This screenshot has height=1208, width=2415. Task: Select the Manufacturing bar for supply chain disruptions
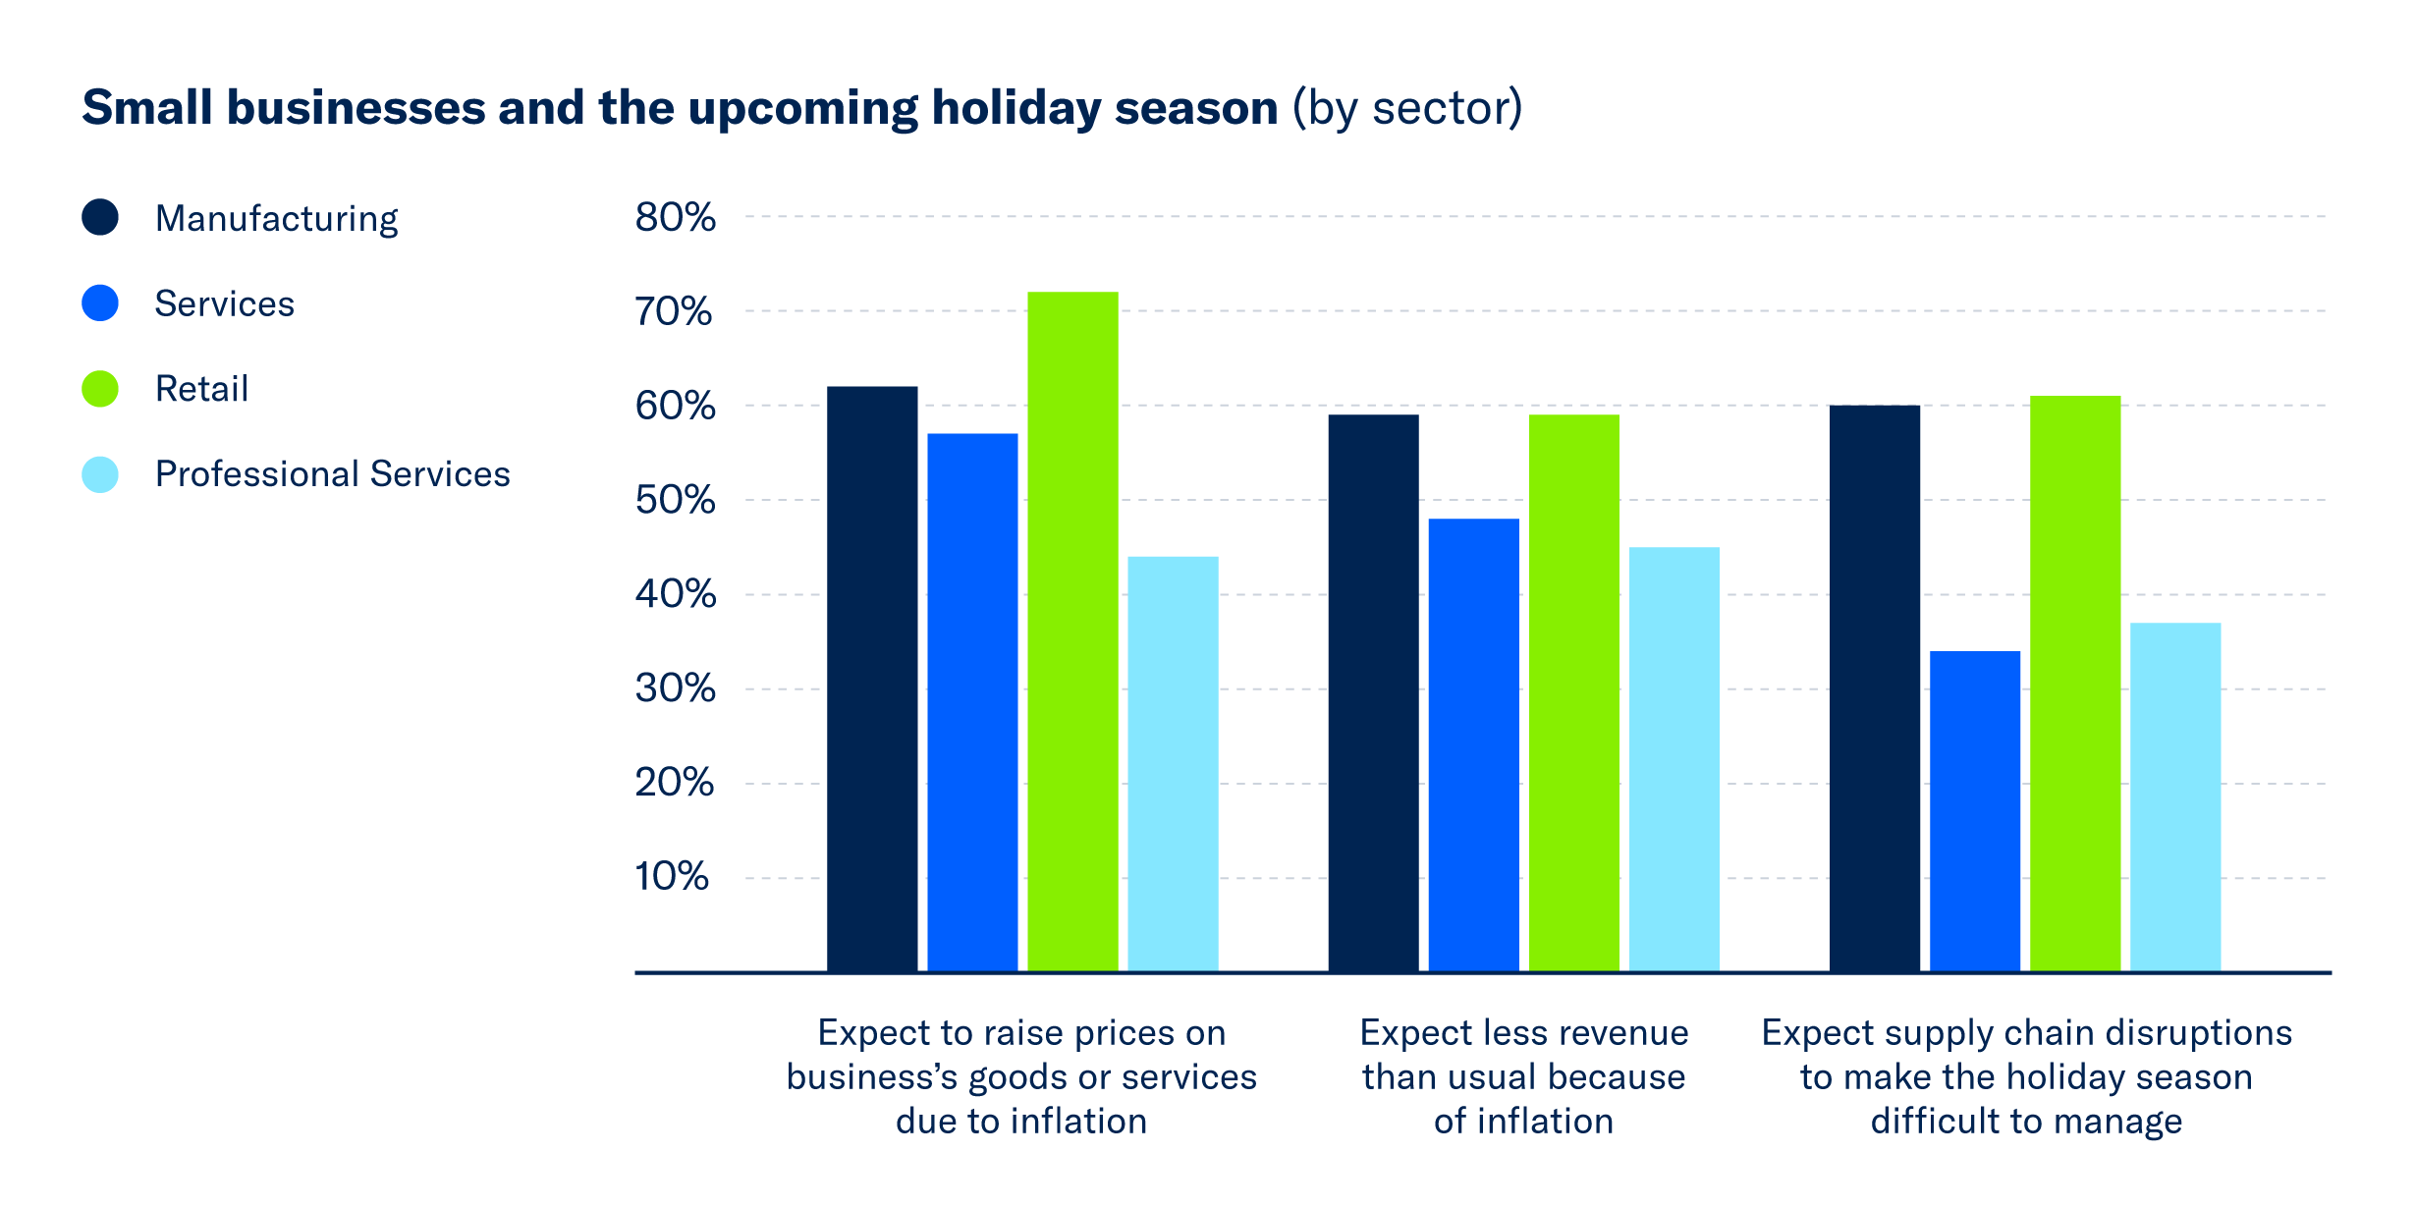click(x=1874, y=687)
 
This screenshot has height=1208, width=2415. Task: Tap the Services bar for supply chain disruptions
click(x=1975, y=811)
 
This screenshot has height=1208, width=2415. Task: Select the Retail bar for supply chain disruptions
click(x=2075, y=684)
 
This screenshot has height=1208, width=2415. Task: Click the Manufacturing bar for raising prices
click(x=872, y=679)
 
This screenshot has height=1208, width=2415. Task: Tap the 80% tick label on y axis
click(x=675, y=217)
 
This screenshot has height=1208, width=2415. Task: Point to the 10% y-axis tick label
click(x=672, y=876)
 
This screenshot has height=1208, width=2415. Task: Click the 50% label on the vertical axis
click(x=675, y=500)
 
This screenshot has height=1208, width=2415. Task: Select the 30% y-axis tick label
click(x=675, y=688)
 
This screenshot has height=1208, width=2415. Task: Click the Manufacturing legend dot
click(x=100, y=217)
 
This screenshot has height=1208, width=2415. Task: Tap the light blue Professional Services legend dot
click(x=100, y=474)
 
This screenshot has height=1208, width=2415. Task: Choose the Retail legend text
click(x=201, y=389)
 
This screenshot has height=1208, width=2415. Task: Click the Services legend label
click(x=224, y=303)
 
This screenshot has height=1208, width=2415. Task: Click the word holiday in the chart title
click(x=1015, y=108)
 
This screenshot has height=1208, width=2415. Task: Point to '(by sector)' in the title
click(x=1406, y=108)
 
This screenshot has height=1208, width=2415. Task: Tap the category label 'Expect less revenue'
click(x=1523, y=1033)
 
